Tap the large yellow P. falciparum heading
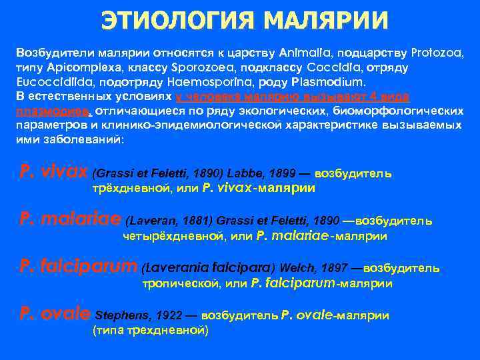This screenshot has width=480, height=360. (79, 267)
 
